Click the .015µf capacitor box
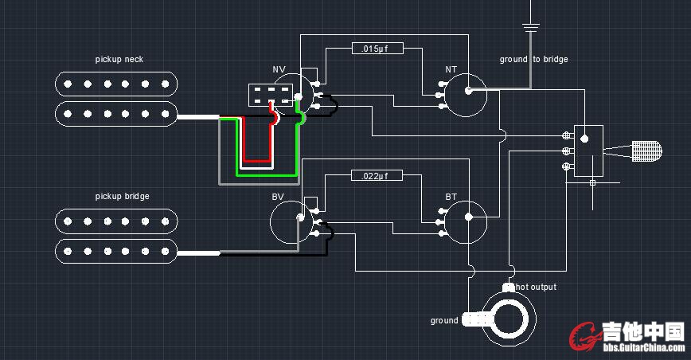377,49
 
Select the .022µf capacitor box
377,175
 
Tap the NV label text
279,70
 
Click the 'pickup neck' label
119,60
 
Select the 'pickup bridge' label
123,196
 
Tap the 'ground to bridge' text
533,60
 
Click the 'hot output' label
536,287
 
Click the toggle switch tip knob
647,150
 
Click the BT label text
451,196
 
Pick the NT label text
451,70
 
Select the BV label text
278,196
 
